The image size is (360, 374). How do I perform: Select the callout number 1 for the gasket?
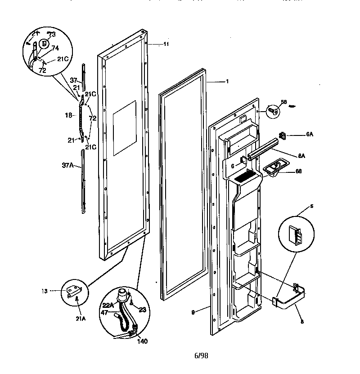pyautogui.click(x=227, y=81)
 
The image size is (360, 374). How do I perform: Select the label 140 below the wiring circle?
pyautogui.click(x=142, y=341)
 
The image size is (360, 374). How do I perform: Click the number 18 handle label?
pyautogui.click(x=69, y=115)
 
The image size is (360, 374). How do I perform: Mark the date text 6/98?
pyautogui.click(x=201, y=356)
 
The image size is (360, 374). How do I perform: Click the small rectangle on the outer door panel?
pyautogui.click(x=124, y=129)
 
